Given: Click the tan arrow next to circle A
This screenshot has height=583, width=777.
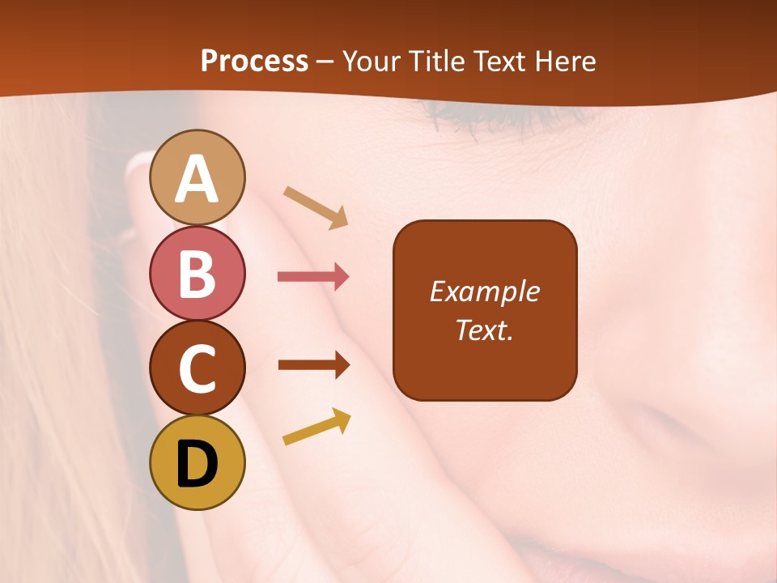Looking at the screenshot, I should pos(316,207).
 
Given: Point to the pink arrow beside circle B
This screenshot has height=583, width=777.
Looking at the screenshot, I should pos(313,277).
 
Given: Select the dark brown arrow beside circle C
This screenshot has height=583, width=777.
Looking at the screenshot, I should pos(313,364).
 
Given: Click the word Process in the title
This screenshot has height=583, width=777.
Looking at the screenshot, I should pos(254,62).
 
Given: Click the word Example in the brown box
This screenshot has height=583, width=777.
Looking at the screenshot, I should pos(484,291).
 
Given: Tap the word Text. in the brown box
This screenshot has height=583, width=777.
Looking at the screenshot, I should pos(484,330).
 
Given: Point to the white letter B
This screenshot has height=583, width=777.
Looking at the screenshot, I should pos(197,274).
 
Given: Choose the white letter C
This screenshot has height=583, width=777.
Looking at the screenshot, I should pos(197,369).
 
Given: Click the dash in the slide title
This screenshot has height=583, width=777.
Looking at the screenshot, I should pos(325,62).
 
